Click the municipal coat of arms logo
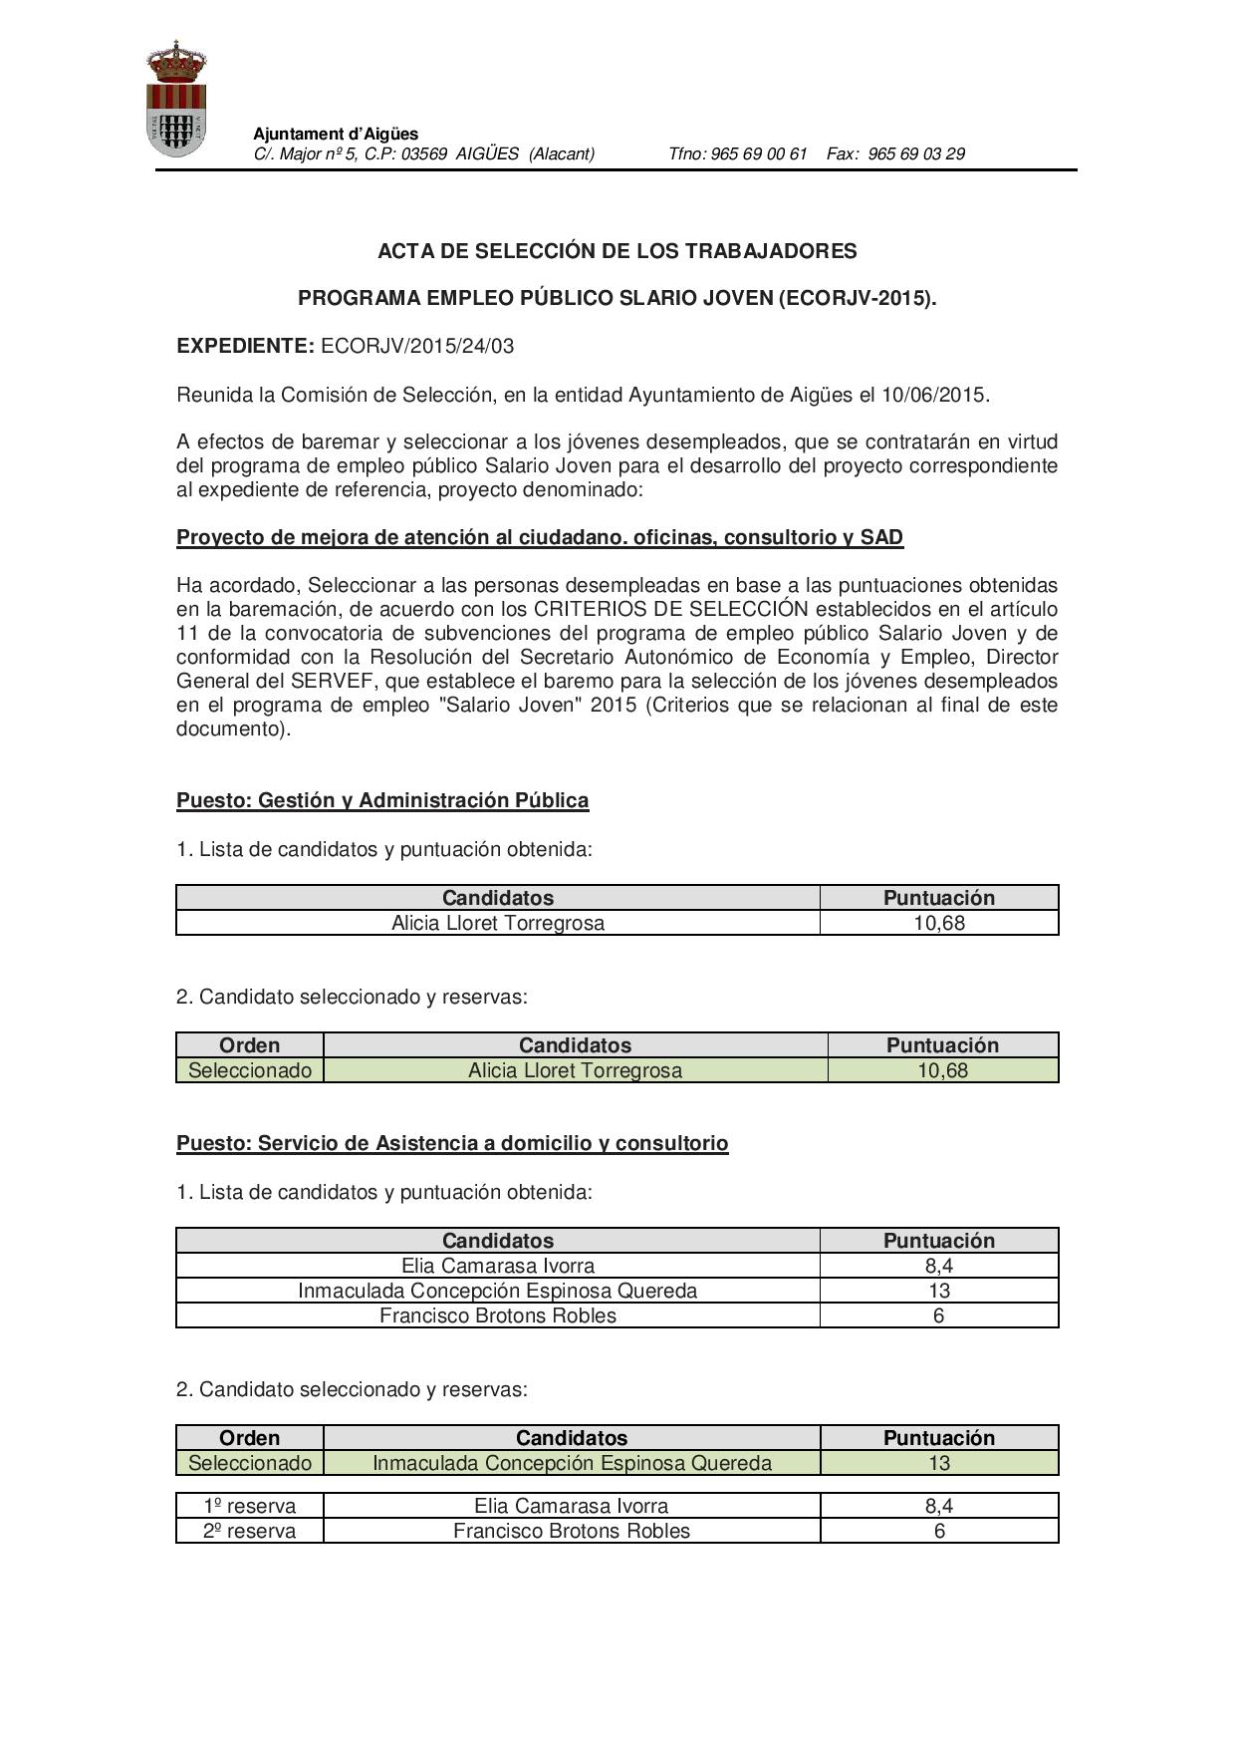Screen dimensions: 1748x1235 176,99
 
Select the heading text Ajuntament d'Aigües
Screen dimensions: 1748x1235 336,134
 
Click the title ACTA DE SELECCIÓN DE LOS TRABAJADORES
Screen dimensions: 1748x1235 617,251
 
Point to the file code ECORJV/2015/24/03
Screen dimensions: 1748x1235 417,346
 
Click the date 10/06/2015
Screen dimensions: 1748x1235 933,395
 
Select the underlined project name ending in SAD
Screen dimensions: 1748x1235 539,538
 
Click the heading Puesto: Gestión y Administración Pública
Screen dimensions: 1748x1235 382,800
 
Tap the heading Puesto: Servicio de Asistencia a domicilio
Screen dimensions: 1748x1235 452,1143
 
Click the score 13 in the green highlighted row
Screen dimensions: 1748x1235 938,1463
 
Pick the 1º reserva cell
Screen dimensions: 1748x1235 250,1506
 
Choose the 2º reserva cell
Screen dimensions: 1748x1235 250,1531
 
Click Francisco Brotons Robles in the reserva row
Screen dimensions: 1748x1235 571,1531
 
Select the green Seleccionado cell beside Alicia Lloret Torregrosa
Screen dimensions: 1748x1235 250,1070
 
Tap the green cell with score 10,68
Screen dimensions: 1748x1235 942,1070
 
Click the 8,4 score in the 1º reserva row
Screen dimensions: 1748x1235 938,1506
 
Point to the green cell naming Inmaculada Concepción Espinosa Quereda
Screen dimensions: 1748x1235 572,1463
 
